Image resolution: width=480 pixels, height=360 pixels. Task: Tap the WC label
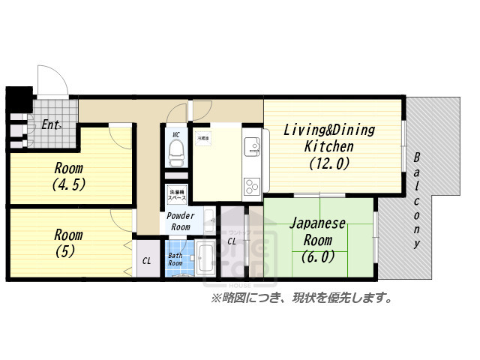coord(176,135)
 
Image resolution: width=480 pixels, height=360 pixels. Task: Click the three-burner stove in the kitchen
coord(251,185)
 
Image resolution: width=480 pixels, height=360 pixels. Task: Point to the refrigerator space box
coord(202,139)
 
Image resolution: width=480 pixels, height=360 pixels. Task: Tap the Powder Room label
coord(180,221)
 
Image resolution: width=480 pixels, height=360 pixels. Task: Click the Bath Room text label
coord(175,259)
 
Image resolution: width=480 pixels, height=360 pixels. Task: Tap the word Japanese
coord(318,223)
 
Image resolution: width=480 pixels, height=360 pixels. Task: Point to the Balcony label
coord(417,201)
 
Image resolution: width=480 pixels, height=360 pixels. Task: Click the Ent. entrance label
coord(51,125)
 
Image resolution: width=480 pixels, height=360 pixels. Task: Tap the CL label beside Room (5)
coord(146,261)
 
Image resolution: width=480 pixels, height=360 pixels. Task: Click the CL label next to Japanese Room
coord(232,241)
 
